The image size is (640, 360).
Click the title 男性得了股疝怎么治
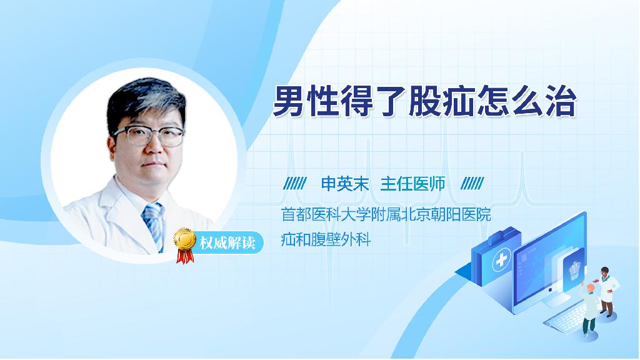[x=424, y=101]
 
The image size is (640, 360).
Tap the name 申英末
[x=345, y=184]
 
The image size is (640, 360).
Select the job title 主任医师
[x=412, y=184]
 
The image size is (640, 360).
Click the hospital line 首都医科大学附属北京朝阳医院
[x=386, y=215]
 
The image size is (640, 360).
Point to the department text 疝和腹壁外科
[x=326, y=239]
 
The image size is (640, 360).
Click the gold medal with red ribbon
[x=184, y=245]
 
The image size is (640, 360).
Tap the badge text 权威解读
[x=227, y=243]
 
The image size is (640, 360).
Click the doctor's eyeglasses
[x=149, y=136]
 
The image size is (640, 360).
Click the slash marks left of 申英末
[x=295, y=184]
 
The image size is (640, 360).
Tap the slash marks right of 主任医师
[x=472, y=184]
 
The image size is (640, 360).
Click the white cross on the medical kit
[x=501, y=261]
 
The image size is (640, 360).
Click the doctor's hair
[x=145, y=100]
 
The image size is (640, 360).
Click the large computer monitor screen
[x=549, y=261]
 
